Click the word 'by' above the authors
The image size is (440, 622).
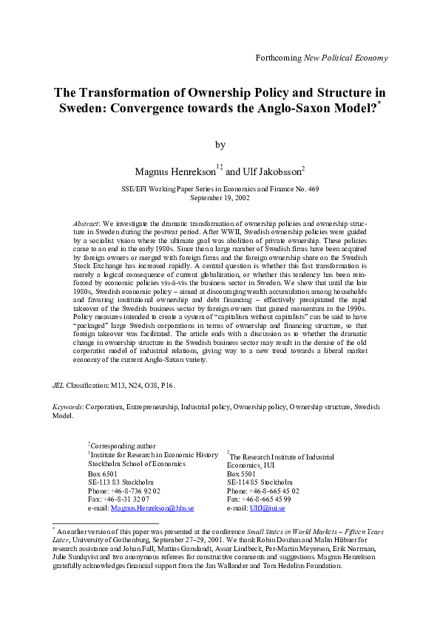click(x=220, y=145)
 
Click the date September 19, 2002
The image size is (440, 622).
click(x=220, y=198)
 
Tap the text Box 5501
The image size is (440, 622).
click(x=243, y=473)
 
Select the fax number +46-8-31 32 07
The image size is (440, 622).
click(x=129, y=499)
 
